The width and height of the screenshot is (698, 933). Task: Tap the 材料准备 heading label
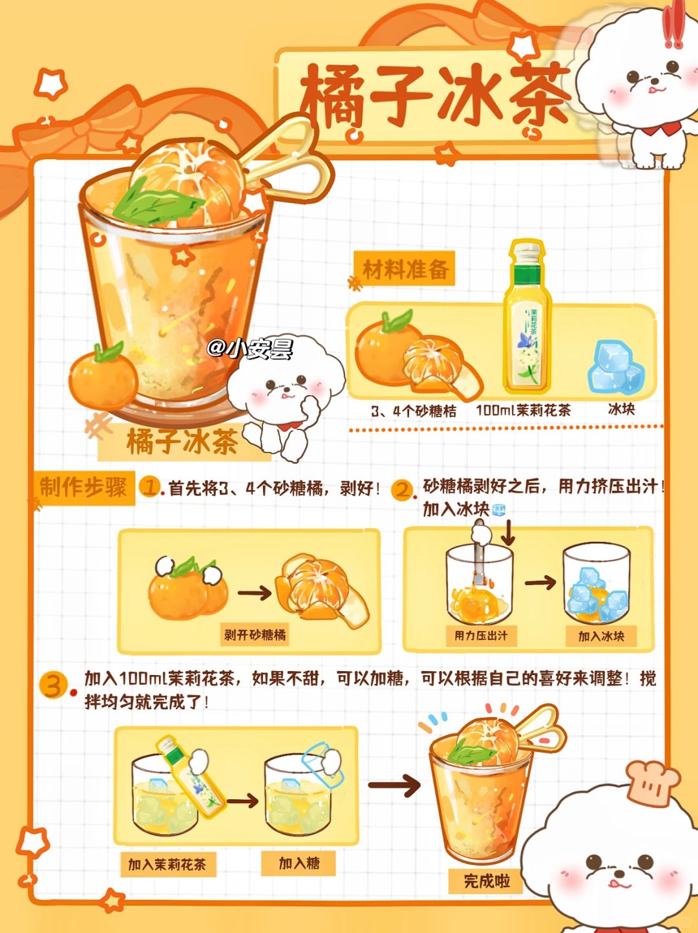(x=405, y=268)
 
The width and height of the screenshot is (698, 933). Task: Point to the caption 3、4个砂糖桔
(x=414, y=411)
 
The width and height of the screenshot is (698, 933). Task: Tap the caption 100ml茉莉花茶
(x=523, y=410)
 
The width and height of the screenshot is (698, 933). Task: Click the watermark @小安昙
(x=250, y=349)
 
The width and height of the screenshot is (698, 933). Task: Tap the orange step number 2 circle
(x=402, y=490)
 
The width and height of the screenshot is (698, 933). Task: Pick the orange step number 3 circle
(x=53, y=685)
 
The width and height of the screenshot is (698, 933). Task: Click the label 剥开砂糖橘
(x=255, y=635)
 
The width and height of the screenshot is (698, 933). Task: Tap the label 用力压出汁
(x=481, y=636)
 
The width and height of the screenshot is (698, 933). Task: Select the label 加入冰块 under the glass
(x=601, y=636)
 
